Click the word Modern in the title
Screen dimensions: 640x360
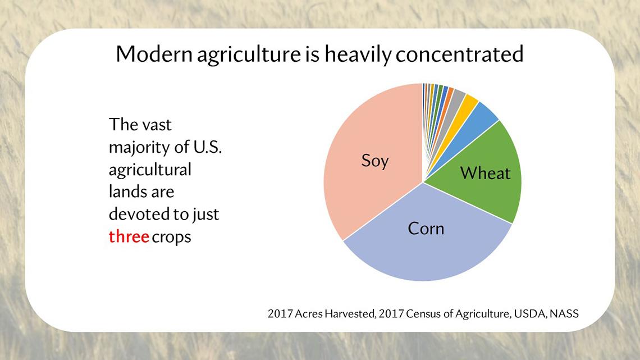pos(154,54)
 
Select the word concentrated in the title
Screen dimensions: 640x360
pos(459,54)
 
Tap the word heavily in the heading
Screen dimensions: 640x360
pos(358,55)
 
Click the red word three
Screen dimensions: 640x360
pos(129,236)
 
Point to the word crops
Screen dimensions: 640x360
pos(171,238)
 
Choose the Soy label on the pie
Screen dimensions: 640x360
pos(374,161)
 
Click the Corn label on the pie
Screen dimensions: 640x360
pos(426,229)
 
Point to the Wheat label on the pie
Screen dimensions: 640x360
pos(485,173)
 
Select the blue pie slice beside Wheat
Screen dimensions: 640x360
pos(478,120)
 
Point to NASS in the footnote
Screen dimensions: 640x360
pos(564,313)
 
